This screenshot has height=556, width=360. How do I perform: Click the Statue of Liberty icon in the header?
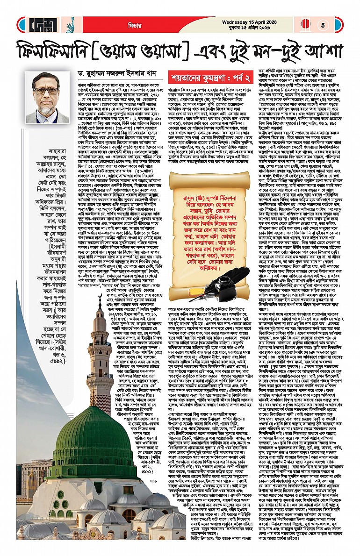(72, 24)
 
